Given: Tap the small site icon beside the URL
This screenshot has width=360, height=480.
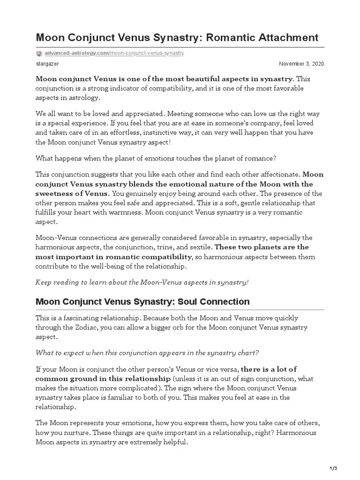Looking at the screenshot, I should pyautogui.click(x=39, y=53).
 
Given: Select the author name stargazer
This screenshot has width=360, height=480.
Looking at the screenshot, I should pyautogui.click(x=47, y=64).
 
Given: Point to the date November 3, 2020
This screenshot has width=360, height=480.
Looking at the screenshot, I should pyautogui.click(x=301, y=64).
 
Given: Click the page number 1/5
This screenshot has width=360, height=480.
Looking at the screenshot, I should pyautogui.click(x=333, y=468).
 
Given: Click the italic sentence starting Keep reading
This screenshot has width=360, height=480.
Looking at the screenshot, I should pyautogui.click(x=142, y=282).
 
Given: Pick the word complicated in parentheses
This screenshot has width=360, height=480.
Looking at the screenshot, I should pyautogui.click(x=137, y=388).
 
